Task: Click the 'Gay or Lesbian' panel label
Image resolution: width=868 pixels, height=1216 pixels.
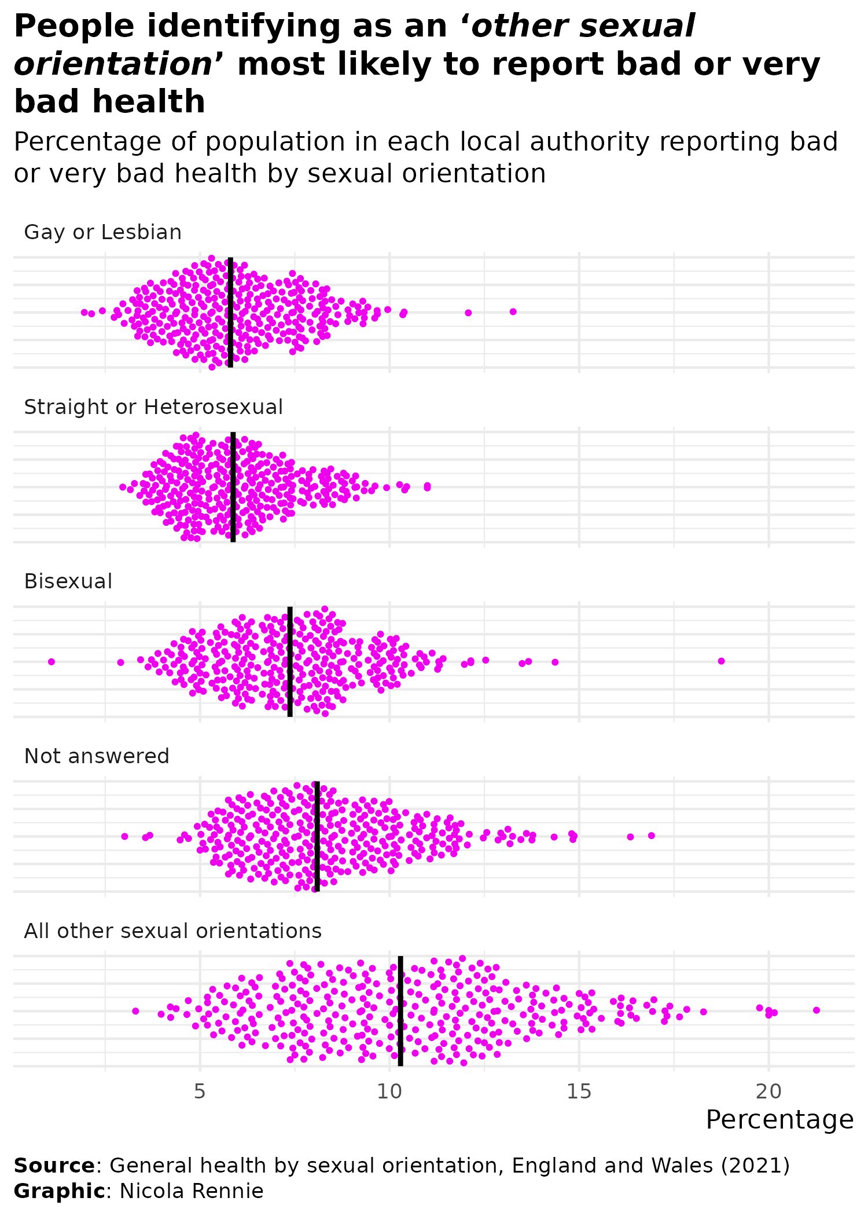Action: [x=102, y=232]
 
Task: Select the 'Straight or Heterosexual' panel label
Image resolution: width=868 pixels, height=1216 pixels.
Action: [x=153, y=407]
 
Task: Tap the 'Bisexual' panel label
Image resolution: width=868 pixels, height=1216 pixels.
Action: [x=68, y=581]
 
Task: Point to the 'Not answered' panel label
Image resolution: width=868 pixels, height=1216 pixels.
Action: [x=97, y=756]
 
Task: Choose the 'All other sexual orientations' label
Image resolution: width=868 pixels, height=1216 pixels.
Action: [x=172, y=931]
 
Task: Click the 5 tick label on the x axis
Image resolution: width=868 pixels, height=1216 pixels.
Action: [x=200, y=1092]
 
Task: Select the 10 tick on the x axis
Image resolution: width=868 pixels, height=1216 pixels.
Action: [x=389, y=1092]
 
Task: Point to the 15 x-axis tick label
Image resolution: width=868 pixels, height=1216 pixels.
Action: [x=579, y=1092]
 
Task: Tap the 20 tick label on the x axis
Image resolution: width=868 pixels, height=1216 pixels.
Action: [x=768, y=1092]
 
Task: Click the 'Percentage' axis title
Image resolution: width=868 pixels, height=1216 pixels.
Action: [x=779, y=1120]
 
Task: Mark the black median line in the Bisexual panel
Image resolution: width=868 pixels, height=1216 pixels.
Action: [x=290, y=661]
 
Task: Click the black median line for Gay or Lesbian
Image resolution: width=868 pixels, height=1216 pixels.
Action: [x=230, y=312]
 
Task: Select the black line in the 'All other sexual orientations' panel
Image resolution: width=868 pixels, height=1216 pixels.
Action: [x=400, y=1011]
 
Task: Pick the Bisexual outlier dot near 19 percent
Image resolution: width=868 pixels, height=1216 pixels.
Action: [x=721, y=661]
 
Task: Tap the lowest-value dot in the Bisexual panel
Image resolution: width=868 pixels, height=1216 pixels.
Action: [x=51, y=661]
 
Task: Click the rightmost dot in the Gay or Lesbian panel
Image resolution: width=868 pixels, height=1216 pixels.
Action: [x=513, y=312]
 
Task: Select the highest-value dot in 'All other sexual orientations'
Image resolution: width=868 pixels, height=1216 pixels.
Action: [x=816, y=1010]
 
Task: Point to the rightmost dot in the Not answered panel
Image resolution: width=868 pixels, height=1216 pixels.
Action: [x=652, y=835]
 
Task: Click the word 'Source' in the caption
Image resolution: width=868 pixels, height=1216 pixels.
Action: [x=54, y=1165]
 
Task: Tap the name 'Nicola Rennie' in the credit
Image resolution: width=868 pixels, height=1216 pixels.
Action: [x=192, y=1191]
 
